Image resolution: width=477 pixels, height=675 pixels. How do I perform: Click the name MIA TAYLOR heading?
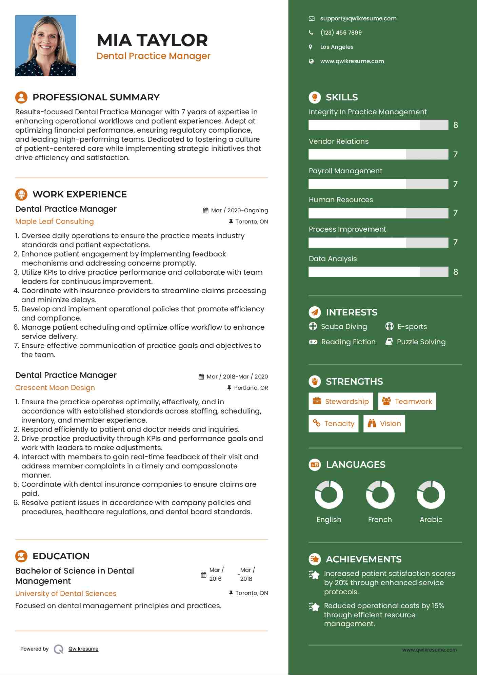tap(152, 40)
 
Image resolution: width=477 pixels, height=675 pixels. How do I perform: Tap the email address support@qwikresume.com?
tap(358, 18)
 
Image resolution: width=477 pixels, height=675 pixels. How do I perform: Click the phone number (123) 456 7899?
tap(341, 33)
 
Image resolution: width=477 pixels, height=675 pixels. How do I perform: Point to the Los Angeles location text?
tap(337, 47)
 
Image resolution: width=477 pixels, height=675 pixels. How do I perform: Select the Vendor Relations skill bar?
tap(378, 154)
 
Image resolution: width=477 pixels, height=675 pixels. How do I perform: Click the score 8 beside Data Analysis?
tap(455, 272)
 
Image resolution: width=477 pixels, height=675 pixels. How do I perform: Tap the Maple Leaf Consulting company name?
tap(55, 221)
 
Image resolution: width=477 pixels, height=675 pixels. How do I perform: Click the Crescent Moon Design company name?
tap(55, 388)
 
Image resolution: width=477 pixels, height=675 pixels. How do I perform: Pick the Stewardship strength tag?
tap(341, 402)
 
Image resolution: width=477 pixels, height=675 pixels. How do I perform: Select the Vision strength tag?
tap(384, 424)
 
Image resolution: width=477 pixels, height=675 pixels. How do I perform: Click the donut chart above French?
tap(380, 495)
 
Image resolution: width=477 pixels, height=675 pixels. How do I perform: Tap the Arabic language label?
tap(431, 520)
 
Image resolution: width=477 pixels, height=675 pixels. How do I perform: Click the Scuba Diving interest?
tap(344, 327)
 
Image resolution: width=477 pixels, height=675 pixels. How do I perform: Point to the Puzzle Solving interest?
tap(421, 342)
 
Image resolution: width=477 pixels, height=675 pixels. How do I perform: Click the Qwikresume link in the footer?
tap(83, 649)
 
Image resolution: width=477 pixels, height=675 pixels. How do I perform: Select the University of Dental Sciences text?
tap(66, 594)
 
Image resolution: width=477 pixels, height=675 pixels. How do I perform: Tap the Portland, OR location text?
tap(251, 388)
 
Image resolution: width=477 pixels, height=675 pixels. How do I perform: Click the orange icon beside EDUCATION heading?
tap(21, 556)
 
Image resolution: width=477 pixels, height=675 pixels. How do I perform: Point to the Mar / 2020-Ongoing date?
tap(239, 210)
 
